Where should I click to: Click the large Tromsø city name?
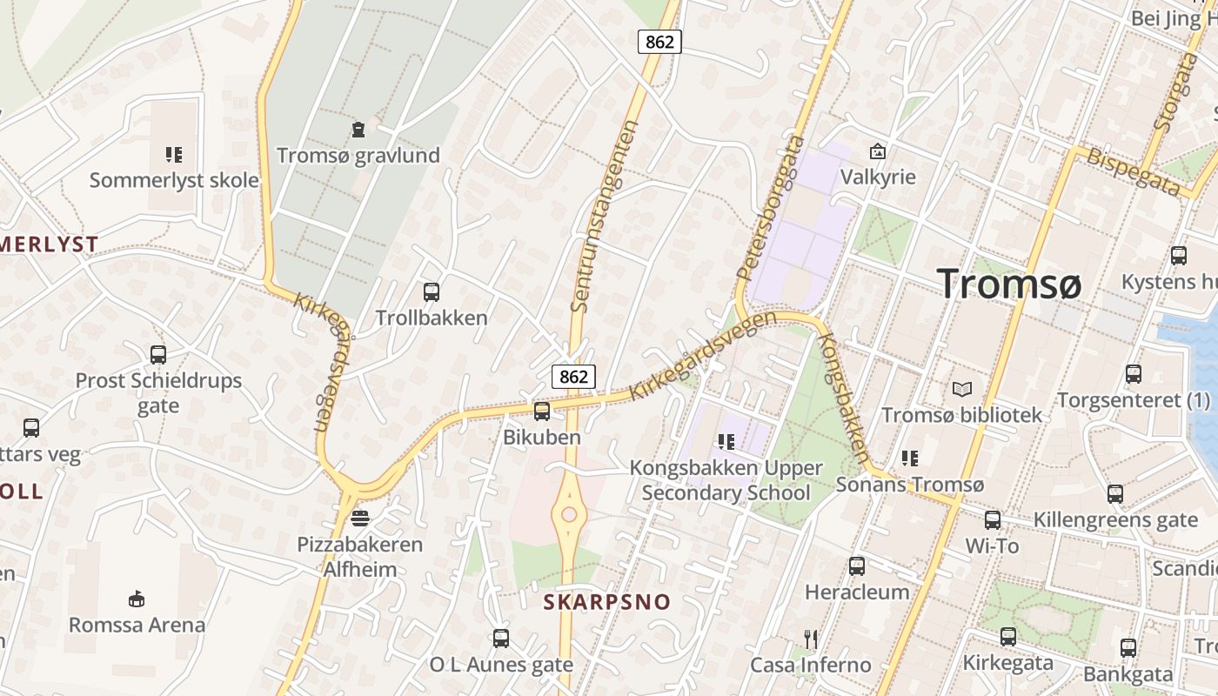click(x=1009, y=284)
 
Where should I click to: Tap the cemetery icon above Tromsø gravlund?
click(x=358, y=130)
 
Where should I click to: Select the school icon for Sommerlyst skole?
click(x=174, y=155)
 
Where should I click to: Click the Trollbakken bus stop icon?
click(x=431, y=292)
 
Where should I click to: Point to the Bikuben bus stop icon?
click(x=541, y=412)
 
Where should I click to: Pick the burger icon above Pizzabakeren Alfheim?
click(x=360, y=519)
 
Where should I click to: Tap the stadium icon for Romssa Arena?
click(x=137, y=599)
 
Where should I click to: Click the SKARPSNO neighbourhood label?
click(x=607, y=602)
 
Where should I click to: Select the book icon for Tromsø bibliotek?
click(x=961, y=389)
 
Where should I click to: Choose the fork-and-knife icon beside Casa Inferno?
click(x=811, y=639)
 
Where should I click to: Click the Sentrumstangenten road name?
click(x=605, y=216)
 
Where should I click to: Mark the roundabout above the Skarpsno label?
click(x=569, y=514)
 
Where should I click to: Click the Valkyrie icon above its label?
click(x=878, y=151)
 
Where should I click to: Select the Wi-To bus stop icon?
click(x=992, y=520)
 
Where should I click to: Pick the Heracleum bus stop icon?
click(x=857, y=566)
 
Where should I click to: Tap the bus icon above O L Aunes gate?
click(x=501, y=639)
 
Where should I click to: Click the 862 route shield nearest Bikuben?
click(x=573, y=376)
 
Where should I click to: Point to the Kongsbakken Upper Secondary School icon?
click(x=726, y=442)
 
